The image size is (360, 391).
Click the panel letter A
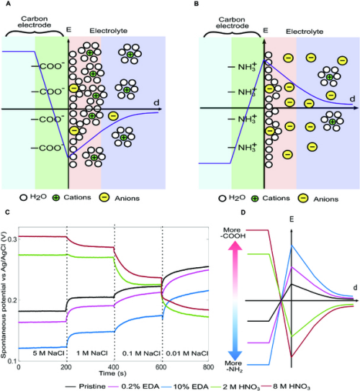[5, 4]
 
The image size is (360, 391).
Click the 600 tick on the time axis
[163, 366]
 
